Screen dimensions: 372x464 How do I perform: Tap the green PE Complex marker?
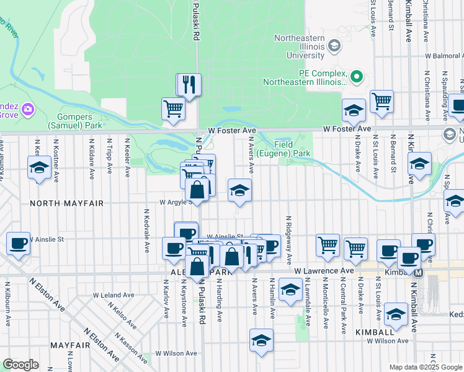click(356, 77)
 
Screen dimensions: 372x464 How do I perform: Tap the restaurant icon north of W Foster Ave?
click(190, 84)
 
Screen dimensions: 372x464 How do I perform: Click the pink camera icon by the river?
click(27, 110)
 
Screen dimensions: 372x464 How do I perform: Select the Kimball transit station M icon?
click(419, 273)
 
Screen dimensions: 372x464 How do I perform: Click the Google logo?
click(21, 364)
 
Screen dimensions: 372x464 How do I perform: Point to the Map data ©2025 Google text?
click(425, 367)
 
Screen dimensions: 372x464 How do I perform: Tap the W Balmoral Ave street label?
click(444, 56)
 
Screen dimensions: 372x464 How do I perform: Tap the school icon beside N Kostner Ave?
click(40, 167)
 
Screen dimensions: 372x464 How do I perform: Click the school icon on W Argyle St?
click(239, 190)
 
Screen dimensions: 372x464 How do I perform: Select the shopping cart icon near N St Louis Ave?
click(381, 101)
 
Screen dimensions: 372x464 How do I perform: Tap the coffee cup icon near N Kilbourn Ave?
click(19, 243)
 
